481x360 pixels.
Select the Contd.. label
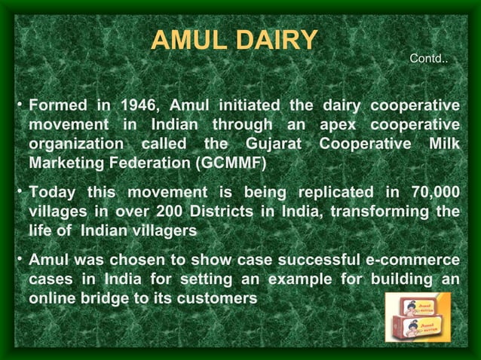427,58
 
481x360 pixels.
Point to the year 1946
137,104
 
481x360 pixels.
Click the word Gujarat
273,143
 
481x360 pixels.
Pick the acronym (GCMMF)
230,163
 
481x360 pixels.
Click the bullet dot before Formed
18,103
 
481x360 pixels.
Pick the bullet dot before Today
18,191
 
